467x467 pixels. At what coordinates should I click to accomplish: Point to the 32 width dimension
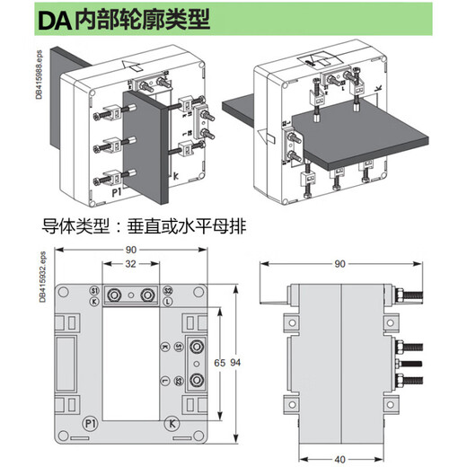point(131,265)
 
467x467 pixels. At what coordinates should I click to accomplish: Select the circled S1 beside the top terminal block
point(94,292)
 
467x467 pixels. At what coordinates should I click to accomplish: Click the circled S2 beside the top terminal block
point(168,292)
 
